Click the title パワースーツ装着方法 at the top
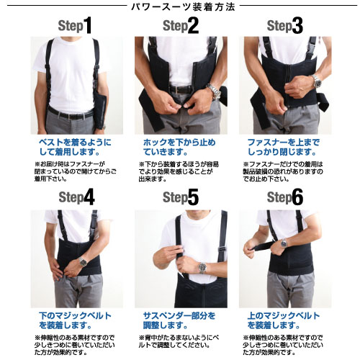point(183,7)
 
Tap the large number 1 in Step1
point(87,25)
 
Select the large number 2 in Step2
point(193,25)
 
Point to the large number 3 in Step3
point(297,25)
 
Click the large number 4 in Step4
point(89,197)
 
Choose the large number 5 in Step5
point(193,197)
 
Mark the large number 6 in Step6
point(297,197)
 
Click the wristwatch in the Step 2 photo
point(214,91)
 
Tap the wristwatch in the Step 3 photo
point(316,81)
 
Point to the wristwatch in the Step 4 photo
point(83,261)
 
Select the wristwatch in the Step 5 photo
point(202,267)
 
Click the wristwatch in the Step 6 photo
point(284,243)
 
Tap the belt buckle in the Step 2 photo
point(179,90)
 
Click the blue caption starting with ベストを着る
point(75,147)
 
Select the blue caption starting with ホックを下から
point(179,147)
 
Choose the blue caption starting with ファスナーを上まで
point(284,147)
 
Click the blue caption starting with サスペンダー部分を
point(179,320)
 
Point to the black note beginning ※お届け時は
point(75,171)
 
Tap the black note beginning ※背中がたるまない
point(179,341)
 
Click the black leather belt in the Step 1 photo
point(70,114)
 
